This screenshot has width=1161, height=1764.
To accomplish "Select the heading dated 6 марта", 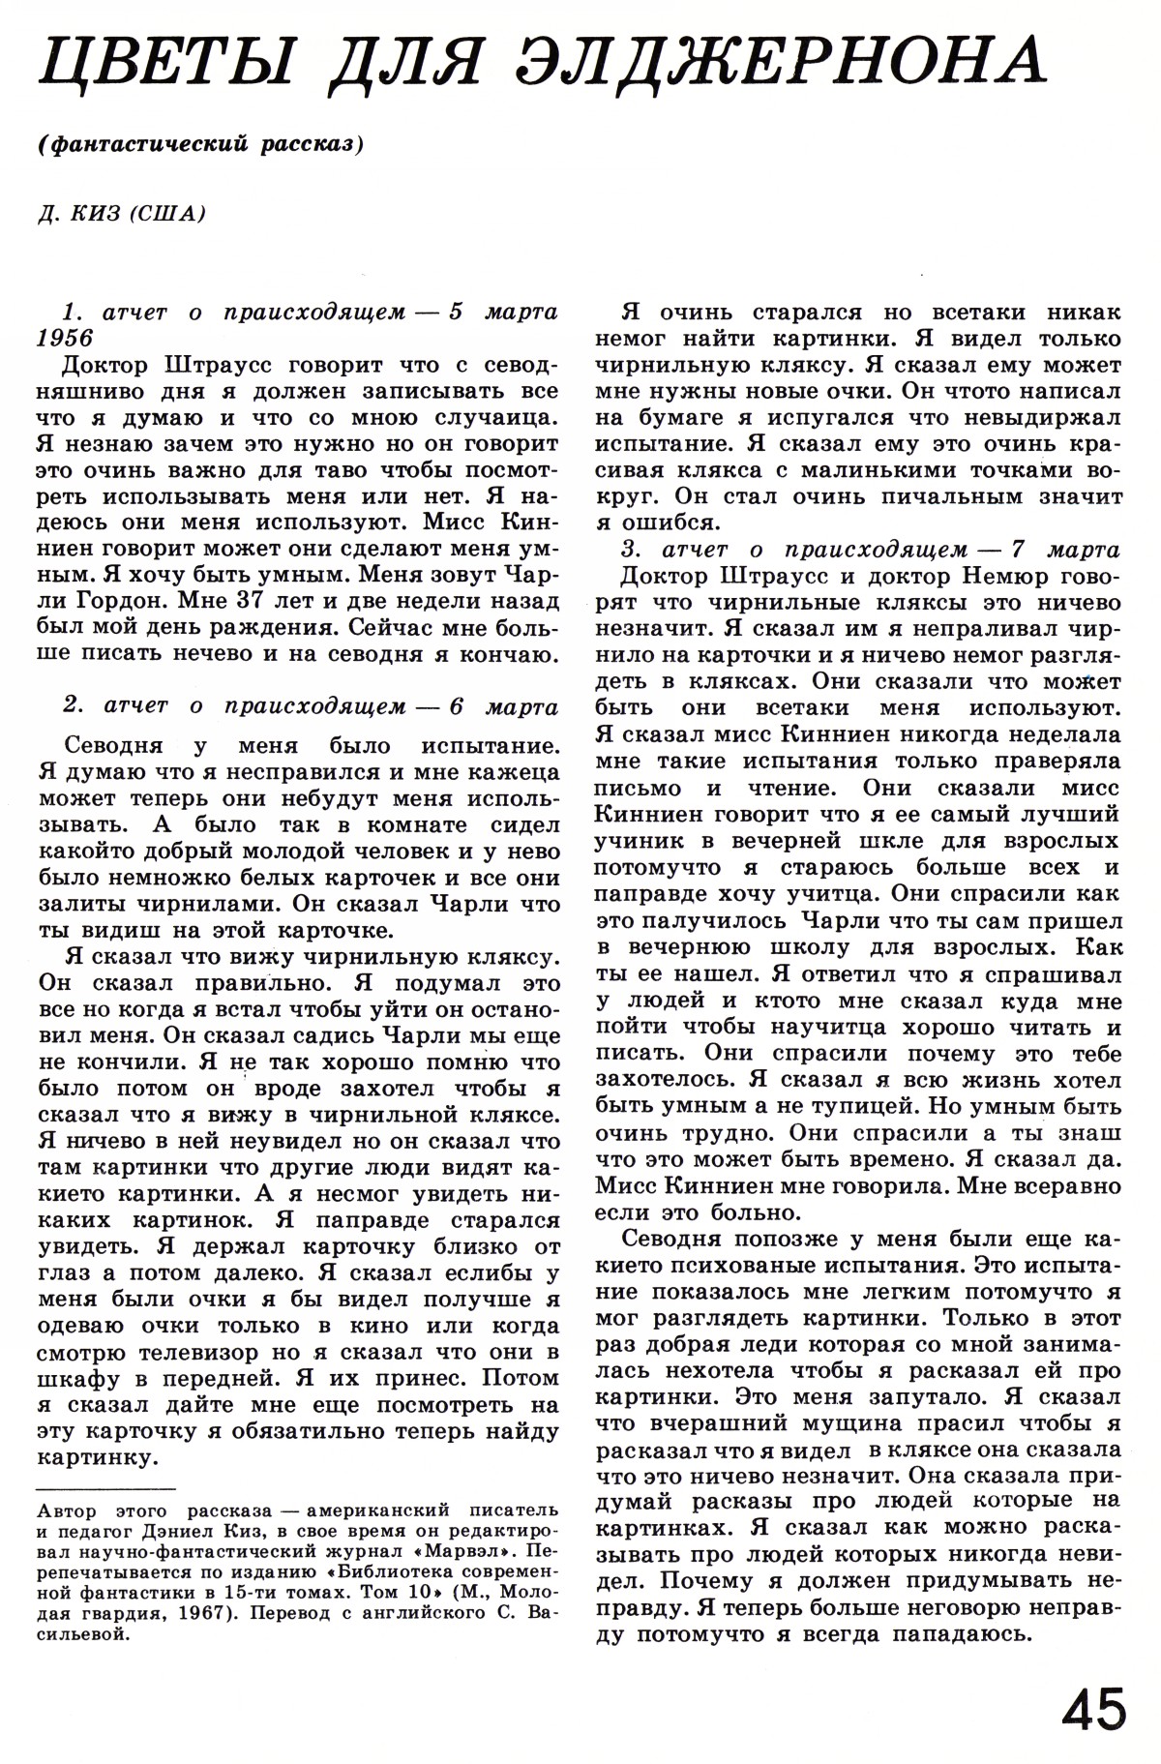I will tap(310, 706).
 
